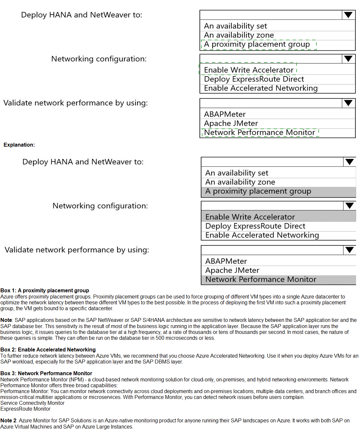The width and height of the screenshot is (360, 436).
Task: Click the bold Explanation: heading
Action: [x=19, y=145]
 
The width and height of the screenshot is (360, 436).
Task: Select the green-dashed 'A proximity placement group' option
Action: [x=257, y=44]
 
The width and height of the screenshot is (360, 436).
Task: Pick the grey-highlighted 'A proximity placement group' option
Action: [x=258, y=191]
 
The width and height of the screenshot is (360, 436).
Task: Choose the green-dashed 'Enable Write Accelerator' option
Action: [x=249, y=70]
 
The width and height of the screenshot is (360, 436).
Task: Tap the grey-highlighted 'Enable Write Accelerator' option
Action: [x=250, y=217]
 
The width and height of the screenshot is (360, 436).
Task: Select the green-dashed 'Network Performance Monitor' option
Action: [x=259, y=133]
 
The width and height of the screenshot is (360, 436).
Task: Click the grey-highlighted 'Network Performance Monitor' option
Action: [x=261, y=279]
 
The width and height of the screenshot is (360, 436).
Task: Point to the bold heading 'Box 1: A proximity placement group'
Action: [x=45, y=290]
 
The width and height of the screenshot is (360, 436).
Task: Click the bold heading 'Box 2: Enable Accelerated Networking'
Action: [x=48, y=350]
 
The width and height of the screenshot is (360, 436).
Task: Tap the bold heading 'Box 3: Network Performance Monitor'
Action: [x=46, y=373]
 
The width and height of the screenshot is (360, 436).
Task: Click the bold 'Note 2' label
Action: [x=8, y=420]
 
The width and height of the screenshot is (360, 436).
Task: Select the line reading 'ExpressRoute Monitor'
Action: [x=25, y=409]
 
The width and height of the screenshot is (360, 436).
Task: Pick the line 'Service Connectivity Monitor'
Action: [x=33, y=403]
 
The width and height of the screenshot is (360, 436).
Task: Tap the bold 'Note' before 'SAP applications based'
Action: [x=6, y=320]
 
